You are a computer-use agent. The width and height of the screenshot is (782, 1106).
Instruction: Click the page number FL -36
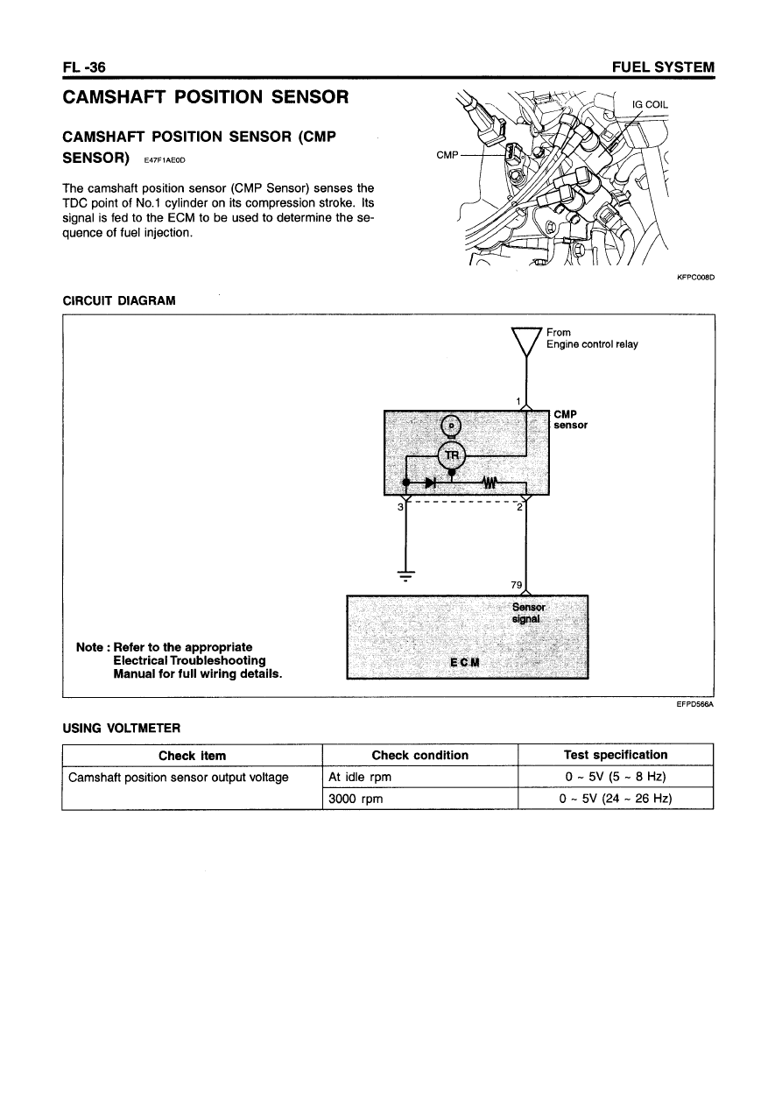pos(84,67)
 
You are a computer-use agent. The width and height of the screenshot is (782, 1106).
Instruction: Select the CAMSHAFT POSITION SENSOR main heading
pos(207,95)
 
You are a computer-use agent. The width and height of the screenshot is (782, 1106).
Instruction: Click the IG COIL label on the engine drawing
pos(650,104)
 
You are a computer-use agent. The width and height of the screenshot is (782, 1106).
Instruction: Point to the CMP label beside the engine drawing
pos(447,155)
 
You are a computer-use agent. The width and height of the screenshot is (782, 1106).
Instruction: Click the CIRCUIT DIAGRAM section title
pos(119,300)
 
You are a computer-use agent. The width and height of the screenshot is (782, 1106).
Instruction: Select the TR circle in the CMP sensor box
pos(451,454)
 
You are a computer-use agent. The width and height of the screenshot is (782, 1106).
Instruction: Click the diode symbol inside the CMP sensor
pos(430,482)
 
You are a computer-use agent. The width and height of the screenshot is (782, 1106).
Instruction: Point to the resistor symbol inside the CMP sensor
pos(488,482)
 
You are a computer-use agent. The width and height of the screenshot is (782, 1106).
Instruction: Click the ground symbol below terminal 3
pos(405,575)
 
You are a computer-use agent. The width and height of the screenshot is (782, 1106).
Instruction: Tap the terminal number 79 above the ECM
pos(515,584)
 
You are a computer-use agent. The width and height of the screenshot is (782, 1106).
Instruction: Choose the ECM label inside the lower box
pos(464,661)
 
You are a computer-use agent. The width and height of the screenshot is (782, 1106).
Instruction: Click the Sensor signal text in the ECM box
pos(529,612)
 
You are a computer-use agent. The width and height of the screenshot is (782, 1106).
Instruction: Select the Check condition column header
pos(419,755)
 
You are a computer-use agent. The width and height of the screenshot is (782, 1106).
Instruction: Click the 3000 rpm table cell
pos(355,799)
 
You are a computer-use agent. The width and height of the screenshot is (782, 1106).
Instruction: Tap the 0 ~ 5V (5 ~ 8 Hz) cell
pos(616,777)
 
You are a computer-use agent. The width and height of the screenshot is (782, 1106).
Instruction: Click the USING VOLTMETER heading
pos(122,727)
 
